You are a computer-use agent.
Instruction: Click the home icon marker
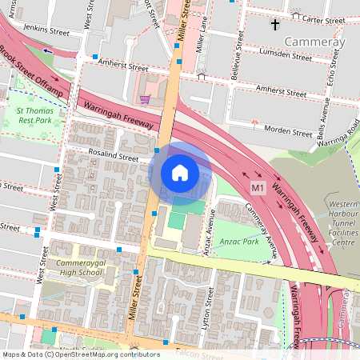(x=180, y=172)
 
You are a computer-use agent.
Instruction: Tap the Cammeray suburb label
(x=315, y=42)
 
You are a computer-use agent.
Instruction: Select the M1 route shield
(x=258, y=187)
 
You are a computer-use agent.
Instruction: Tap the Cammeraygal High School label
(x=80, y=267)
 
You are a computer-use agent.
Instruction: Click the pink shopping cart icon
(x=145, y=99)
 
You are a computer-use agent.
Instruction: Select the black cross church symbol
(x=275, y=24)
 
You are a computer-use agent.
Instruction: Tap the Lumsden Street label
(x=286, y=55)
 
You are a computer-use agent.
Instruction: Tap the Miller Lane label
(x=201, y=33)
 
